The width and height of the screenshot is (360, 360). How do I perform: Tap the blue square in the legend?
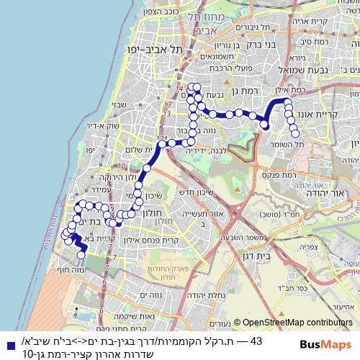(x=8, y=341)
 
